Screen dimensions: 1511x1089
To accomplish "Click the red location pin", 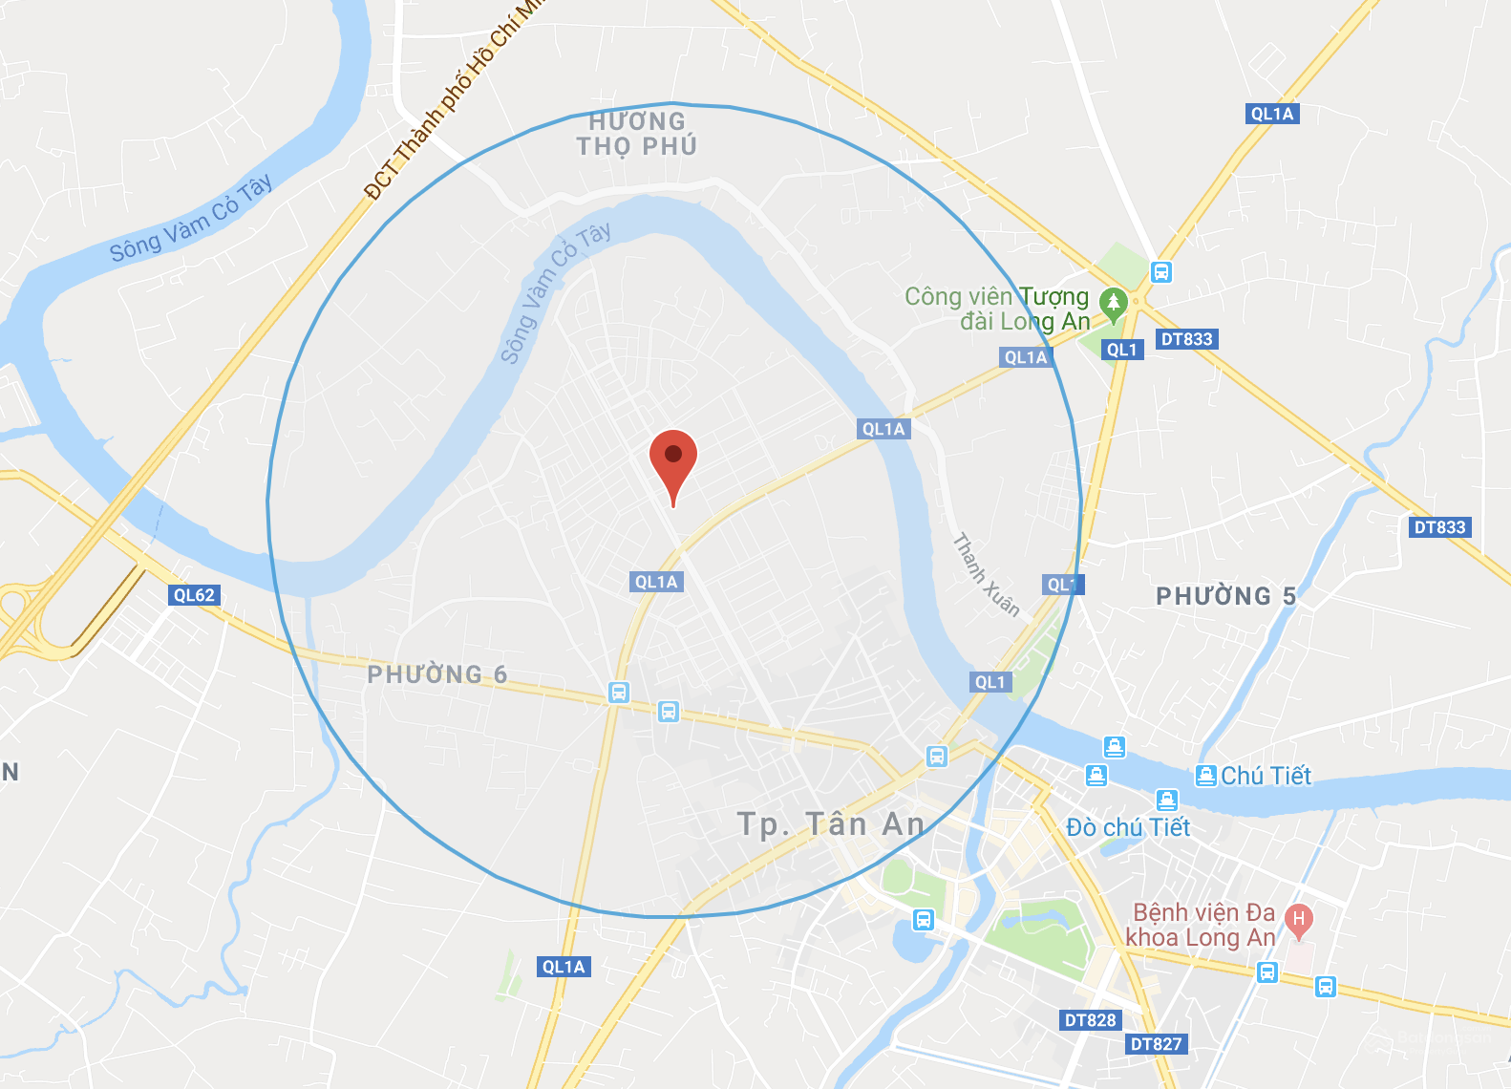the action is pos(673,459).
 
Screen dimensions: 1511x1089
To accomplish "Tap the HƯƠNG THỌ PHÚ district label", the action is pos(637,134).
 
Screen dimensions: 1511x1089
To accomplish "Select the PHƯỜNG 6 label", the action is pos(437,674).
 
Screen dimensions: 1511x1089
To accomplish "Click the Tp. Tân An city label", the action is pos(831,823).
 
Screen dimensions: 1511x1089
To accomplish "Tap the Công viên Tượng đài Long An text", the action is pos(997,309).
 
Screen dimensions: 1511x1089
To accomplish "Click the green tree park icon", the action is pos(1113,304).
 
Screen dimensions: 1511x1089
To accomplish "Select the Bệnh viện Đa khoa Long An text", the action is pos(1202,925).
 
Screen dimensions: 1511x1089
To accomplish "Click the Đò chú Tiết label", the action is pos(1128,827).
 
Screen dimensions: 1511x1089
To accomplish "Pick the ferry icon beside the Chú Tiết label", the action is pos(1206,776).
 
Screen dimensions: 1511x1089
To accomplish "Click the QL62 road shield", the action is pos(194,595).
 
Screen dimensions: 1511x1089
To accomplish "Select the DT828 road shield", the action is pos(1090,1020).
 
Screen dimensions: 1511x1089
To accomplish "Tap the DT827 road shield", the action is pos(1156,1044).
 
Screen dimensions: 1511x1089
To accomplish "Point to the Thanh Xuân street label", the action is pos(986,574).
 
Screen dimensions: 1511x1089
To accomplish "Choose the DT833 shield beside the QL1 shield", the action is pos(1186,339).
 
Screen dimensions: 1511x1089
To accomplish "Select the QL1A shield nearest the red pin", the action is pos(656,582).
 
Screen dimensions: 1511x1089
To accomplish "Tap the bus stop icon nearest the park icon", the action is pos(1161,272).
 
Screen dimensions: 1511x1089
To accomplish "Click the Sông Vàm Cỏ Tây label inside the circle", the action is pos(555,292).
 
